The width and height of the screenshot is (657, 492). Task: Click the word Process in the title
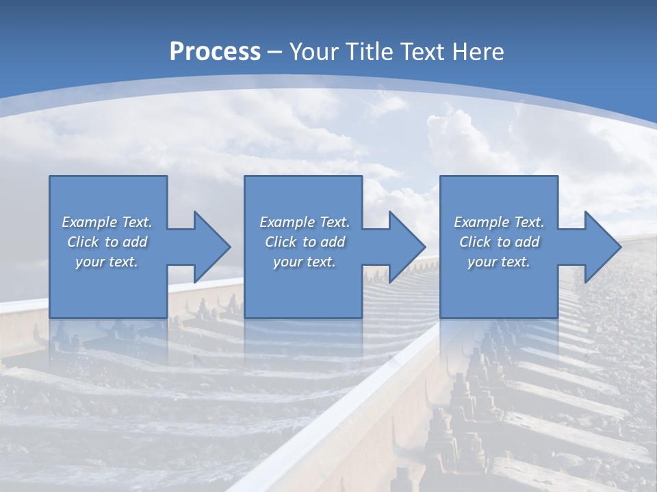tap(215, 52)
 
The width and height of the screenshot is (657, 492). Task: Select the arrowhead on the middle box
tap(405, 247)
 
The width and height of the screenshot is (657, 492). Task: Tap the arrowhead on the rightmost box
tap(601, 247)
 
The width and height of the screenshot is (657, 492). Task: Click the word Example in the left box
tap(89, 222)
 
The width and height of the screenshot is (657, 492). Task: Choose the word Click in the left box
tap(83, 242)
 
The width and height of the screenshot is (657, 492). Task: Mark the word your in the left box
tap(90, 262)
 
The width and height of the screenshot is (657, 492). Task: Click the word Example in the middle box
tap(287, 222)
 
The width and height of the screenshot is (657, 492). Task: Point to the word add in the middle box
tap(333, 242)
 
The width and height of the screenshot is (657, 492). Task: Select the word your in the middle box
tap(287, 262)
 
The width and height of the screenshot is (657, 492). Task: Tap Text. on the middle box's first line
tap(335, 222)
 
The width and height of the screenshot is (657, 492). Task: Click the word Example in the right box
tap(481, 222)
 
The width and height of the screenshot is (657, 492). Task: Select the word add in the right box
tap(527, 242)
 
